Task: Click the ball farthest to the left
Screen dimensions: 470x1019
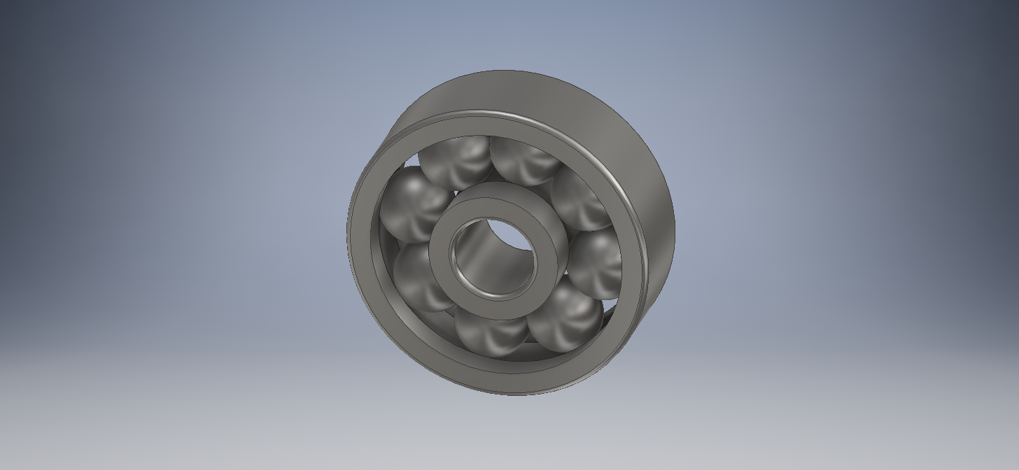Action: [x=413, y=206]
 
